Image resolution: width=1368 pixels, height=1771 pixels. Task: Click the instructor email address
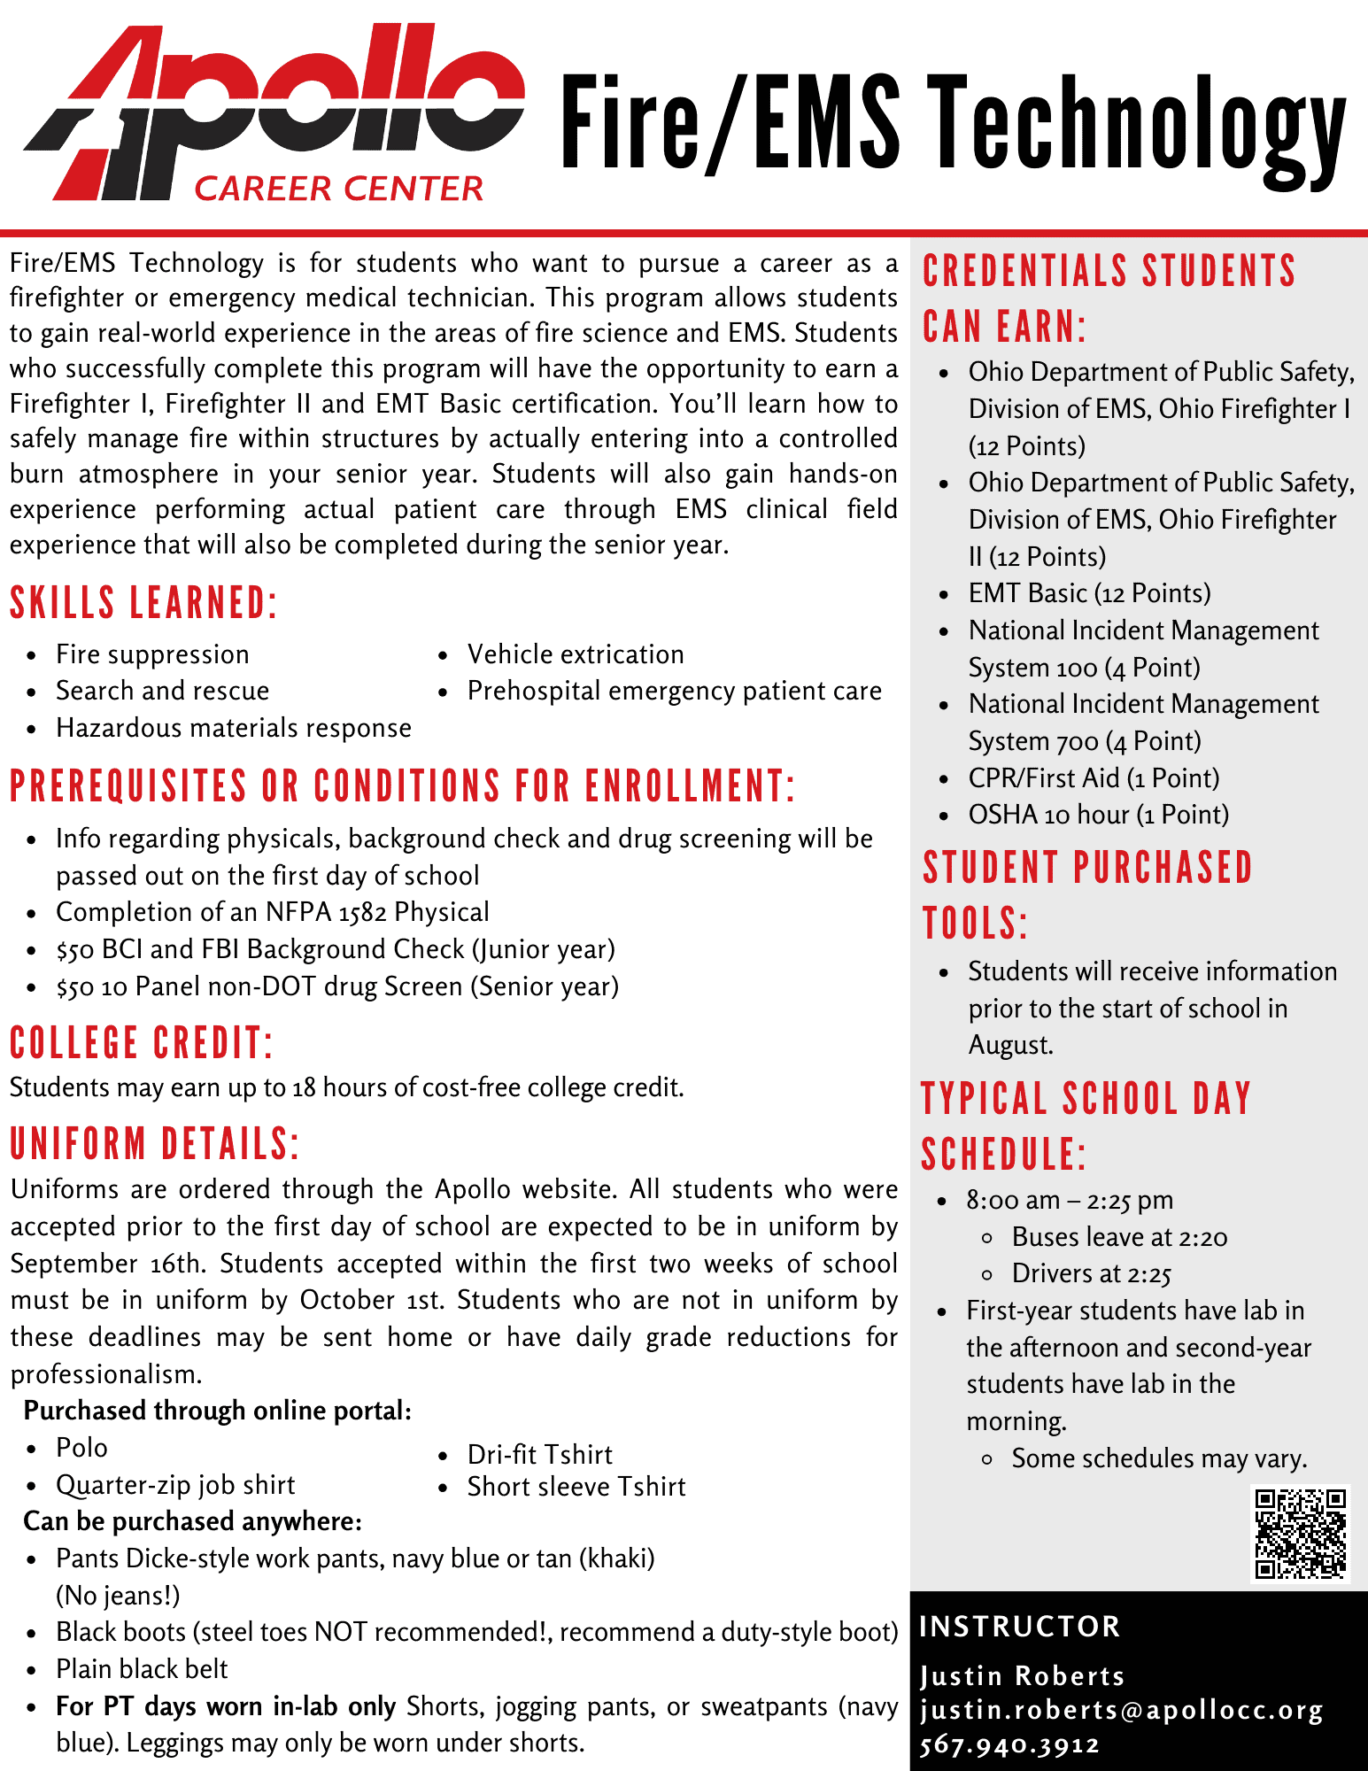(1121, 1710)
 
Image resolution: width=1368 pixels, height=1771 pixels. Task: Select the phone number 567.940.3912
(1009, 1745)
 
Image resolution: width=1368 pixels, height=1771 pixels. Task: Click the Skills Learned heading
(143, 603)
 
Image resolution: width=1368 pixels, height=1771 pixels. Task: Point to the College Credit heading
(141, 1043)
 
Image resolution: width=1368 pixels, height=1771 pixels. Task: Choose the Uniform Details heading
(155, 1144)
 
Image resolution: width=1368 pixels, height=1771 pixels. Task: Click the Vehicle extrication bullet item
(576, 654)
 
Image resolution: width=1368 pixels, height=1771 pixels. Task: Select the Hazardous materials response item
(234, 728)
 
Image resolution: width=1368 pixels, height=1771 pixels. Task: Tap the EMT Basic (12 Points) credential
(1089, 593)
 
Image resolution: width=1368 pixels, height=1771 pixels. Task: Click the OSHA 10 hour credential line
(1098, 815)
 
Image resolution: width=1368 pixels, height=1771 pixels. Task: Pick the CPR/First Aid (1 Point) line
(1094, 778)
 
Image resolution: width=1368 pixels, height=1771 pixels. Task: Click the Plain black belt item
(142, 1669)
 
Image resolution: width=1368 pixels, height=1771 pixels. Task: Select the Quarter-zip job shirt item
(175, 1485)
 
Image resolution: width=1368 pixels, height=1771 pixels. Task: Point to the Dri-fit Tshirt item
(540, 1455)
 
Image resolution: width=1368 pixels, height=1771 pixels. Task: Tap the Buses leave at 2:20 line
(1119, 1237)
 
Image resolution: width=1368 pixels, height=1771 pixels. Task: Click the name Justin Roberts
(1022, 1676)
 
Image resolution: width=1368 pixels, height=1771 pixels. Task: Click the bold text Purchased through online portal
(218, 1411)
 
